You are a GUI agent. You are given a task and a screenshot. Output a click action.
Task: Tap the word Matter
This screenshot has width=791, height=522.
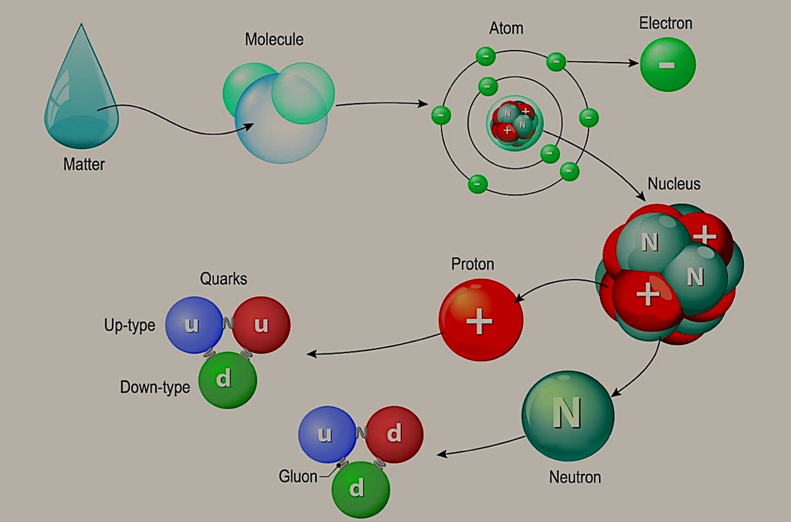84,164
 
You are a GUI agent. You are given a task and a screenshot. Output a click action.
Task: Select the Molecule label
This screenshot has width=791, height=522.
274,39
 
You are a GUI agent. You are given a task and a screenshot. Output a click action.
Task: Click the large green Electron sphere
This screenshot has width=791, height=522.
667,65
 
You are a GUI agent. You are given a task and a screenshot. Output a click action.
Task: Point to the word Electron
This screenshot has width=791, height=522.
666,24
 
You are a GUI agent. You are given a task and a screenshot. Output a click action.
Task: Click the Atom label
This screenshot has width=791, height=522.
506,29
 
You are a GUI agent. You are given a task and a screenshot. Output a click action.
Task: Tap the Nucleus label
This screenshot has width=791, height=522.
674,183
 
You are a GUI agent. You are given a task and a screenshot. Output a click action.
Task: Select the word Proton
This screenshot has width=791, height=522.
473,264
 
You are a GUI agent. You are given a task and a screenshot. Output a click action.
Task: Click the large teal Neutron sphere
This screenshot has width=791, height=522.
568,415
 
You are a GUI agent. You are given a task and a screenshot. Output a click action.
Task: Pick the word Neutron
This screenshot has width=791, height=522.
575,477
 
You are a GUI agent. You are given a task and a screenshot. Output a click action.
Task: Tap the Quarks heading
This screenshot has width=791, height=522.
223,279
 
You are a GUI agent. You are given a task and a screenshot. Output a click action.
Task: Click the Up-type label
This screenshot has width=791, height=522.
129,325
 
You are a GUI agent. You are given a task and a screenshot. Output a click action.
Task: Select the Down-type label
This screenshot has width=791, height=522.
155,387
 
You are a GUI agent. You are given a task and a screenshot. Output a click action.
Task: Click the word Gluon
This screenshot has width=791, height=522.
298,476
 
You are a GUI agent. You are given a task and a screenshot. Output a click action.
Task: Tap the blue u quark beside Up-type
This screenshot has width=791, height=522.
194,325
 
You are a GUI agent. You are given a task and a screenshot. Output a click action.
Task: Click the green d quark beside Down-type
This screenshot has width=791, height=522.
227,380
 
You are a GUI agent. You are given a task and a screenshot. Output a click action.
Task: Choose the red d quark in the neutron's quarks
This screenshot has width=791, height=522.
394,434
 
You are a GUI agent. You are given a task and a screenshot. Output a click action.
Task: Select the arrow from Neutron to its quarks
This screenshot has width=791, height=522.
481,448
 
